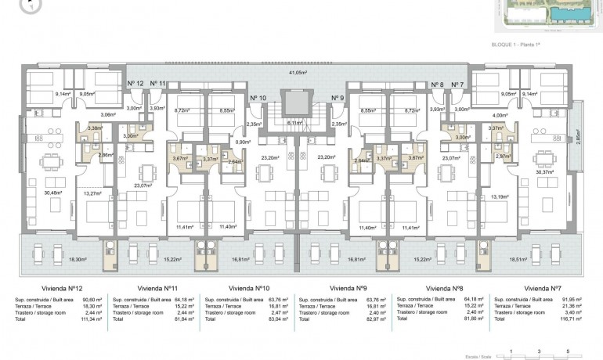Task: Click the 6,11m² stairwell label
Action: pos(294,124)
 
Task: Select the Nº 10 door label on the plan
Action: pos(257,98)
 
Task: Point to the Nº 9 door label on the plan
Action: pos(338,98)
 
